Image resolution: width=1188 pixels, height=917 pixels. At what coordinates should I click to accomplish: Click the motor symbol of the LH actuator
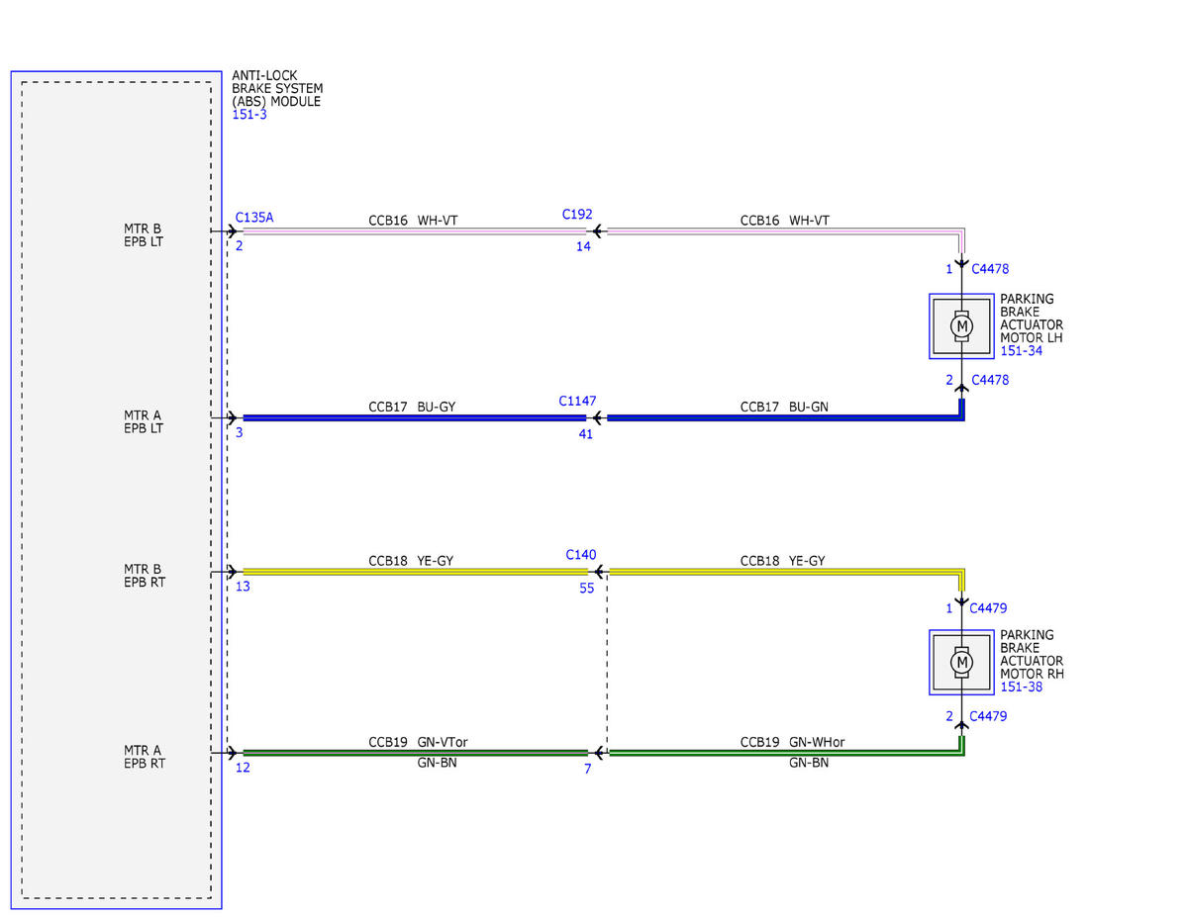pyautogui.click(x=961, y=326)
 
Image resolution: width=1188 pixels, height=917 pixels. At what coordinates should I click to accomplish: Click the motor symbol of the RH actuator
pyautogui.click(x=961, y=662)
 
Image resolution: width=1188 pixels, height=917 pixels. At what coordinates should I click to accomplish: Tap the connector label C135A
pyautogui.click(x=254, y=218)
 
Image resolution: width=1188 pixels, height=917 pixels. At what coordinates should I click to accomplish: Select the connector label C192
pyautogui.click(x=577, y=214)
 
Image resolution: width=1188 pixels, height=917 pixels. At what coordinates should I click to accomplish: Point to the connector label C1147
pyautogui.click(x=577, y=401)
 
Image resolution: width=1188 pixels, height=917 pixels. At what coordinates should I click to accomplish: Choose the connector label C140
pyautogui.click(x=580, y=554)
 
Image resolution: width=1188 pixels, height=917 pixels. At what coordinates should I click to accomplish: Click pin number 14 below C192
pyautogui.click(x=583, y=246)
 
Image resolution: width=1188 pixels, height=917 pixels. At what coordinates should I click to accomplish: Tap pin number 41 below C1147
pyautogui.click(x=585, y=433)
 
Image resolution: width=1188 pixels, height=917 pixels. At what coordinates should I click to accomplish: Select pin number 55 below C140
pyautogui.click(x=587, y=588)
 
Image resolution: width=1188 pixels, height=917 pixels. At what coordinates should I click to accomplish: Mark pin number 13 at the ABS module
pyautogui.click(x=243, y=586)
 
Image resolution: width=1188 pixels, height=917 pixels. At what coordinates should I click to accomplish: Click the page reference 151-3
pyautogui.click(x=249, y=114)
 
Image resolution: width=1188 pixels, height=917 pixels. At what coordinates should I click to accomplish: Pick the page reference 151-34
pyautogui.click(x=1022, y=350)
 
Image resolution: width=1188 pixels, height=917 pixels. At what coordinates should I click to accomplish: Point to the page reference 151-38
pyautogui.click(x=1022, y=687)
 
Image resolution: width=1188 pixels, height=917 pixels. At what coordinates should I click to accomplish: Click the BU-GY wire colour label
pyautogui.click(x=437, y=407)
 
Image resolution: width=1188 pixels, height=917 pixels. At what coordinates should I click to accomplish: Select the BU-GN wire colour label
pyautogui.click(x=809, y=407)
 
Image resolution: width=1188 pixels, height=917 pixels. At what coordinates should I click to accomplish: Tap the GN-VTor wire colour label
pyautogui.click(x=443, y=742)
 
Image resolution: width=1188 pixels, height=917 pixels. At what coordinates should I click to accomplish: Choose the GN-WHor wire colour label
pyautogui.click(x=817, y=742)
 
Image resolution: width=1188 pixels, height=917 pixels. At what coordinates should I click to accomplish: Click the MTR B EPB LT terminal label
pyautogui.click(x=144, y=234)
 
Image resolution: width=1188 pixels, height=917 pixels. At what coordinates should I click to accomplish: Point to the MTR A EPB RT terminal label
pyautogui.click(x=145, y=757)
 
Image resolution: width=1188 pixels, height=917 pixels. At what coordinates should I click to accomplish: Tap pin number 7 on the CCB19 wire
pyautogui.click(x=588, y=769)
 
